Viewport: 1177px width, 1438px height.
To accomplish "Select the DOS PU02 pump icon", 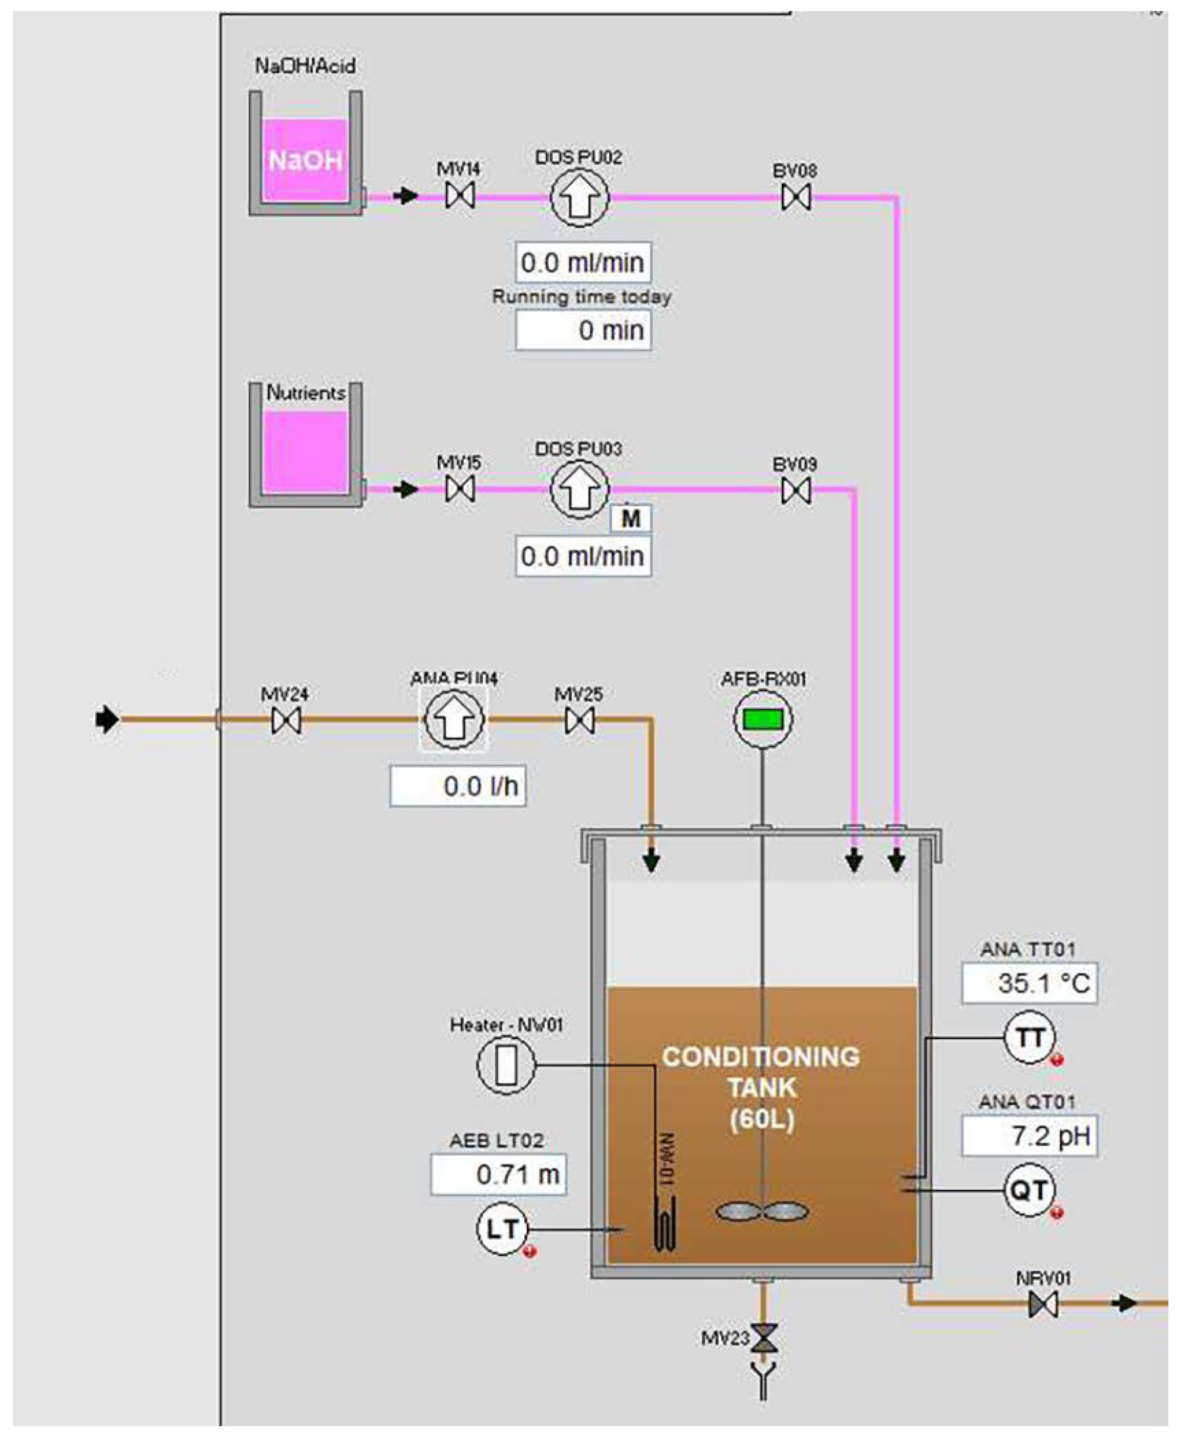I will (x=579, y=197).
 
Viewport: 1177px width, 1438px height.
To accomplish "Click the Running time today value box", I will (x=583, y=330).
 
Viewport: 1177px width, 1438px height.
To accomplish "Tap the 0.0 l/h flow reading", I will (x=458, y=786).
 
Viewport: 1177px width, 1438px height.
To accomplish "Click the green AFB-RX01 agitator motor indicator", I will (x=763, y=719).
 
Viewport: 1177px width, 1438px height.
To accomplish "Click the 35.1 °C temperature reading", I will (x=1029, y=982).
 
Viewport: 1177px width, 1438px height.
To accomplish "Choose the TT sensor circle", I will (x=1029, y=1038).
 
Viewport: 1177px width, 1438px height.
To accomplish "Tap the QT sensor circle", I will (x=1029, y=1190).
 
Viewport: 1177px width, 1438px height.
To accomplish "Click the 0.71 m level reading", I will (x=498, y=1174).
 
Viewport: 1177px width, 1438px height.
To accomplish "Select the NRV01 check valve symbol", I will (x=1043, y=1303).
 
